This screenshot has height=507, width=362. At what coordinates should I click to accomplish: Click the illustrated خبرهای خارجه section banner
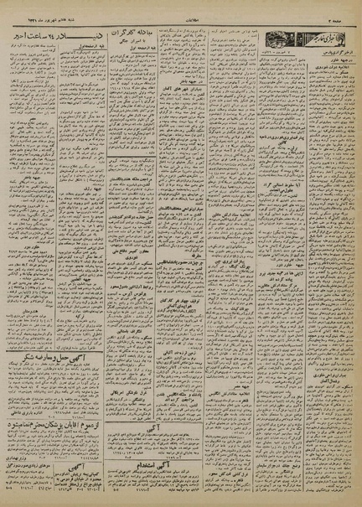point(307,37)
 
